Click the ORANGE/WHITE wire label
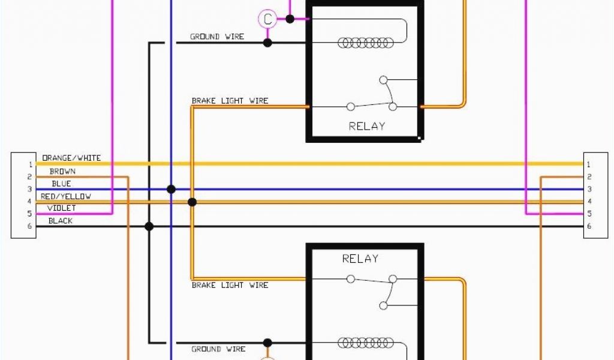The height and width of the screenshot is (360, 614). [71, 158]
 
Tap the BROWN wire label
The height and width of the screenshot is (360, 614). [62, 172]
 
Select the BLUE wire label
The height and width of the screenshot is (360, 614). [61, 184]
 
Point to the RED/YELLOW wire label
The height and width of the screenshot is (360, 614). [66, 196]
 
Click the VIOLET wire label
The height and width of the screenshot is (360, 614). [62, 208]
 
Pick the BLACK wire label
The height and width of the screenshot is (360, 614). [61, 221]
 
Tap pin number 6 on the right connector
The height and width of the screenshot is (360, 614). [589, 226]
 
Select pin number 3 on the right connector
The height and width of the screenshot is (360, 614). [589, 189]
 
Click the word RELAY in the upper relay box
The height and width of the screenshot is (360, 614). [366, 126]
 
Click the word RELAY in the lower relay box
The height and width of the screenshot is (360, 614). [360, 259]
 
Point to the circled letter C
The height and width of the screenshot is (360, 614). [267, 19]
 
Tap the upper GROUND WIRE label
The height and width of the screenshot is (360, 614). [217, 37]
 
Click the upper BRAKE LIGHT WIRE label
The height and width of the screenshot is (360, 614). [230, 101]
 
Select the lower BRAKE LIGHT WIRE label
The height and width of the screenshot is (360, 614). [230, 285]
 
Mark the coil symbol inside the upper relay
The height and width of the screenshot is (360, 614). [366, 43]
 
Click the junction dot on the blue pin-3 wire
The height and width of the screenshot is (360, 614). [171, 189]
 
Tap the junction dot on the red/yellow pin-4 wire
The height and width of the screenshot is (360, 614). [192, 202]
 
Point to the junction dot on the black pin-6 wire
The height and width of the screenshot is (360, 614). [149, 226]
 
